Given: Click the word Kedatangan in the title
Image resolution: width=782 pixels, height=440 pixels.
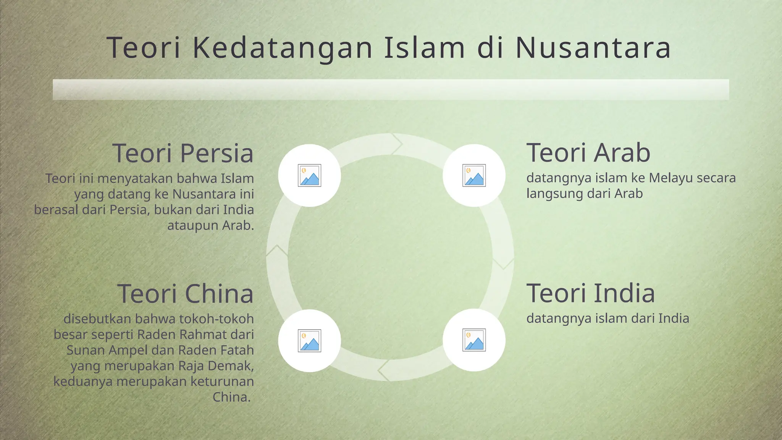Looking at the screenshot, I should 283,48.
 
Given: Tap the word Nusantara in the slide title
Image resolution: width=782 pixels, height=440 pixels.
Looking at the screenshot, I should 593,48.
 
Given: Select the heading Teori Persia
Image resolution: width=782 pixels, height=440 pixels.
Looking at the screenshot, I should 183,153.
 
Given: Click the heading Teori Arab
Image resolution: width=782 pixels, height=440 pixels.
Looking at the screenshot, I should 588,152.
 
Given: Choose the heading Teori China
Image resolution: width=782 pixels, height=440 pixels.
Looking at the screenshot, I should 185,294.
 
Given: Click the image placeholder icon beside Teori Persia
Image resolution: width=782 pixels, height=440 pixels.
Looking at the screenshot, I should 309,176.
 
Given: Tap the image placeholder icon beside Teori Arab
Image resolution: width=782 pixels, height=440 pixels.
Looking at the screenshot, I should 474,176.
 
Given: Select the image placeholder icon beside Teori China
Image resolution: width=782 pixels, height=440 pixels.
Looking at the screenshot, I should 309,340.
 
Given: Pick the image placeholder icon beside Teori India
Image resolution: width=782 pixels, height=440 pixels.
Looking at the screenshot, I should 474,340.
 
